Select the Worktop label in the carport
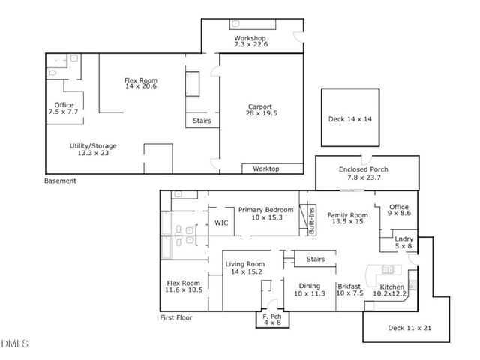click(265, 169)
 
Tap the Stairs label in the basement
click(202, 121)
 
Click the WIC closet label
click(221, 223)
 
